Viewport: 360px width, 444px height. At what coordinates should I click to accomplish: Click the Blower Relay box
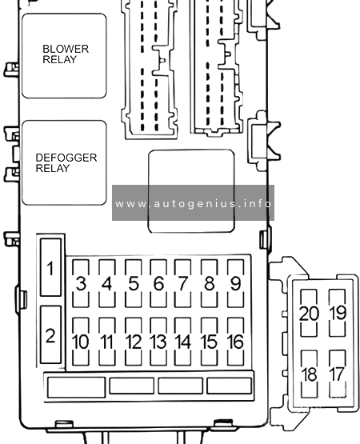(x=64, y=56)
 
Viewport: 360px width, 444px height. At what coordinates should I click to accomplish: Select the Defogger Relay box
(x=64, y=162)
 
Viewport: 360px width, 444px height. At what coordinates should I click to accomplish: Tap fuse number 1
(x=50, y=267)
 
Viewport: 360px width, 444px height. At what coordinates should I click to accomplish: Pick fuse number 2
(x=50, y=334)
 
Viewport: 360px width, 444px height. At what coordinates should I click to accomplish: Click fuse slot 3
(x=81, y=283)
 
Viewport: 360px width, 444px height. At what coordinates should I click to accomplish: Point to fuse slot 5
(x=133, y=283)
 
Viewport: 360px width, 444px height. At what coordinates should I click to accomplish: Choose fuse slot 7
(x=182, y=283)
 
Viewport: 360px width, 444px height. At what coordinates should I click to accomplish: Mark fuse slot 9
(x=235, y=283)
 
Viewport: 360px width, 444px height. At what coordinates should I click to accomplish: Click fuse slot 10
(x=81, y=342)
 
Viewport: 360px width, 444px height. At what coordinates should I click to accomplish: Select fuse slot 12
(x=133, y=342)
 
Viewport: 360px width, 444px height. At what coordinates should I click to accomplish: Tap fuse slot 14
(x=182, y=342)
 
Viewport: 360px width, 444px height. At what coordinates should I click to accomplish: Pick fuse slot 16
(x=235, y=342)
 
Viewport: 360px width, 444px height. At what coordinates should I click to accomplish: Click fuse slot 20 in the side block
(x=309, y=313)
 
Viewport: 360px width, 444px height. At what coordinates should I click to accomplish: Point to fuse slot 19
(x=338, y=313)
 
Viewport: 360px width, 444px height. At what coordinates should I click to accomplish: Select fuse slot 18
(x=309, y=374)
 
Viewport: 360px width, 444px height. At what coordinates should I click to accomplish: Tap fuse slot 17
(x=338, y=374)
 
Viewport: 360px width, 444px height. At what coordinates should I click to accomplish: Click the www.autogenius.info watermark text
(x=194, y=203)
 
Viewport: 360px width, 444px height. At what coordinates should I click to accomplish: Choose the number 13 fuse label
(x=158, y=342)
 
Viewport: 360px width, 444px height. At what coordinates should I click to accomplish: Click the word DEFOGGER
(x=66, y=158)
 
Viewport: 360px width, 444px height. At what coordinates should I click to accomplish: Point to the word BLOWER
(x=66, y=49)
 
